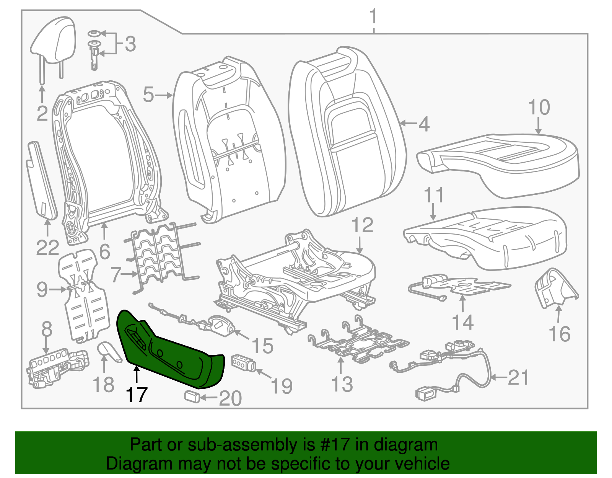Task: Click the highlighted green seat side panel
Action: (172, 352)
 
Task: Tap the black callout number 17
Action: (137, 395)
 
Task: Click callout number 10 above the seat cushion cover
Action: (539, 108)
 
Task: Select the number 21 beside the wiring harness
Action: (518, 377)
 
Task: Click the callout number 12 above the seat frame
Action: (362, 225)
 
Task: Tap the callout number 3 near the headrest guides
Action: (130, 44)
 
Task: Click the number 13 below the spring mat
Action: (342, 384)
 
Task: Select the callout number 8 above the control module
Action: (46, 329)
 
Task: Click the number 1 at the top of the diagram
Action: (373, 17)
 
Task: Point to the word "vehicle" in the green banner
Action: (422, 464)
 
